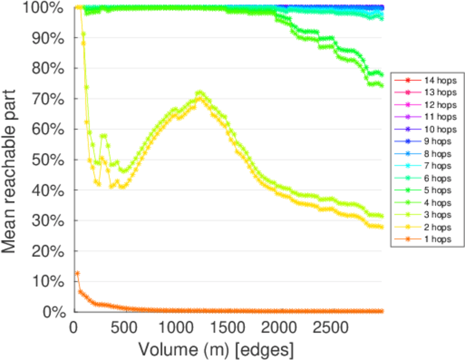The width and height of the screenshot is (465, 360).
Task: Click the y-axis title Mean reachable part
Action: [x=13, y=160]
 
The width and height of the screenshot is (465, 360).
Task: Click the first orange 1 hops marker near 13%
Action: [x=77, y=273]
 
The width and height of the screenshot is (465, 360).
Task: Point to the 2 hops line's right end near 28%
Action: [x=382, y=227]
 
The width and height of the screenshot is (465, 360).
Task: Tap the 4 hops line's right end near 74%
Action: [x=382, y=85]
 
